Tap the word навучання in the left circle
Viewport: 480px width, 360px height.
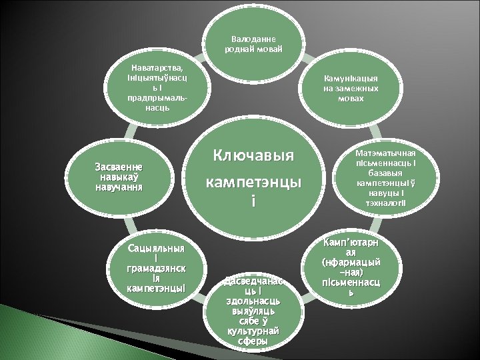pos(117,187)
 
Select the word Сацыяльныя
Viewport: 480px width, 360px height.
pos(157,248)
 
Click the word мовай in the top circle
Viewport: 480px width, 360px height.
pos(269,49)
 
